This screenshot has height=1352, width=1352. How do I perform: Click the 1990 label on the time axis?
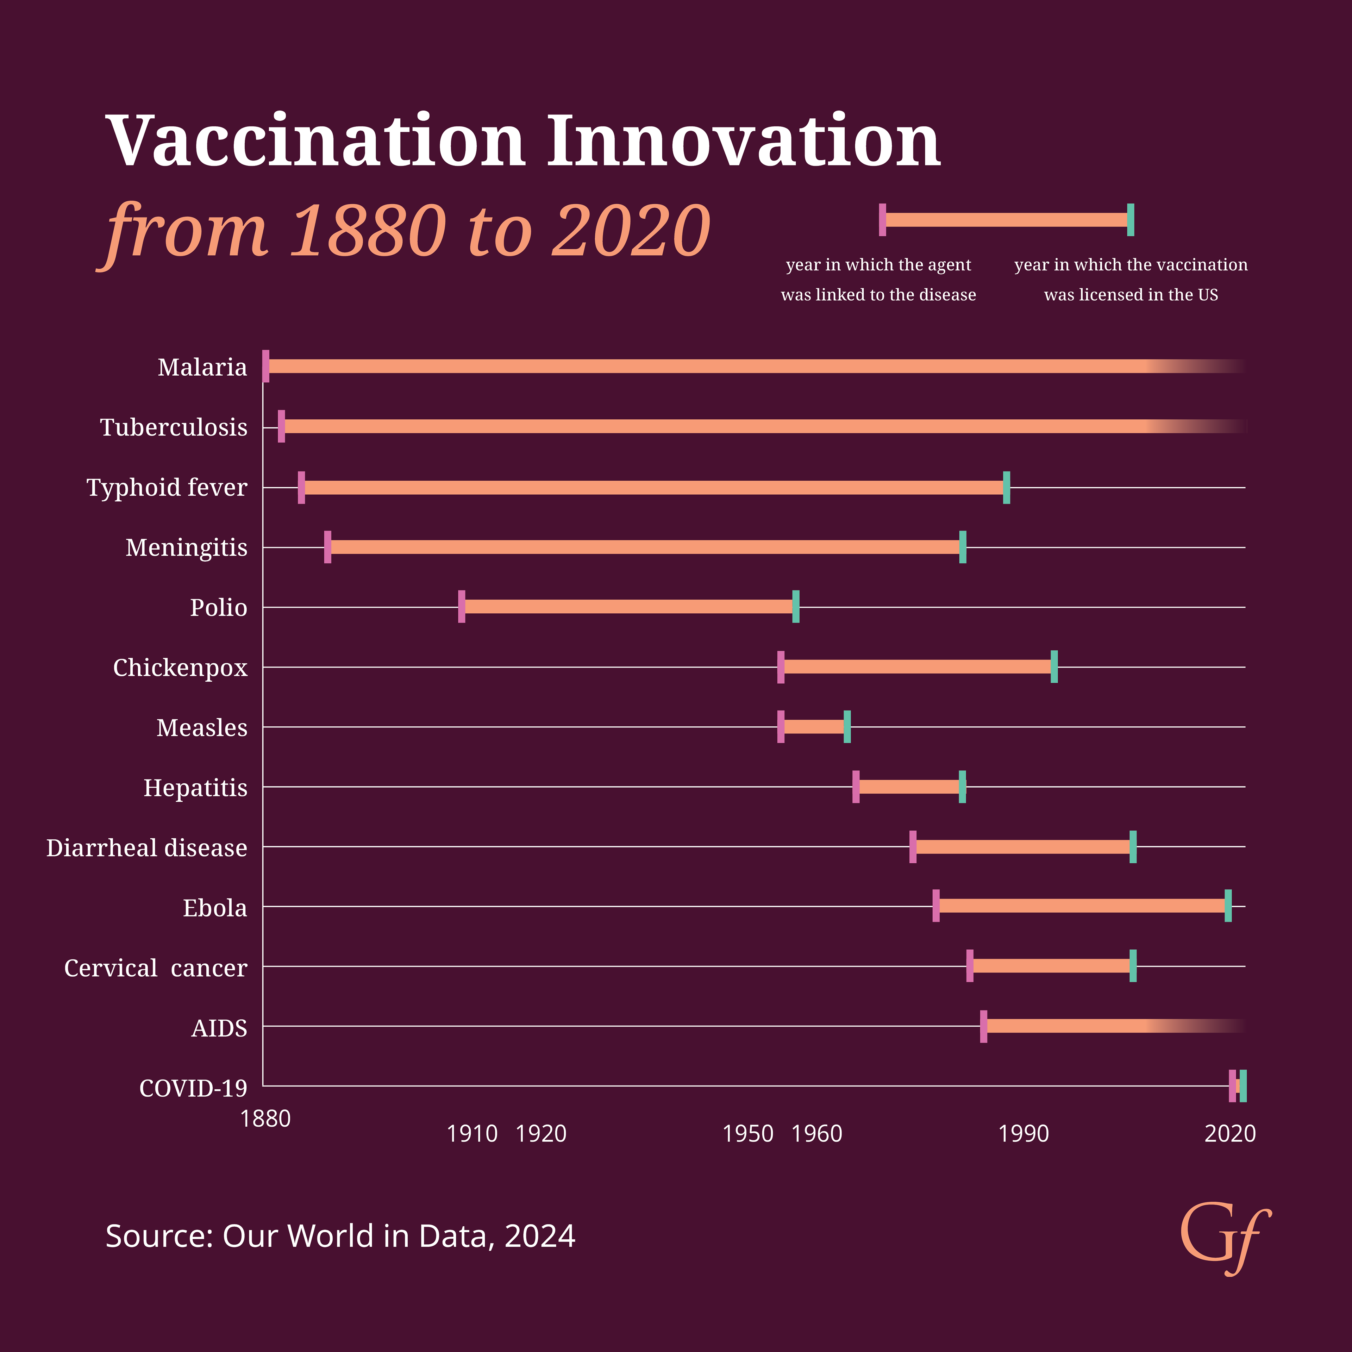(x=1023, y=1134)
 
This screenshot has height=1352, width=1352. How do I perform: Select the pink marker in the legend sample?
(x=882, y=220)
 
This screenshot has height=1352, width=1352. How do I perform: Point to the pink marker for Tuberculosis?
(x=281, y=426)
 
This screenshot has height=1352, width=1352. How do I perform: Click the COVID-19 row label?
(x=193, y=1088)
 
